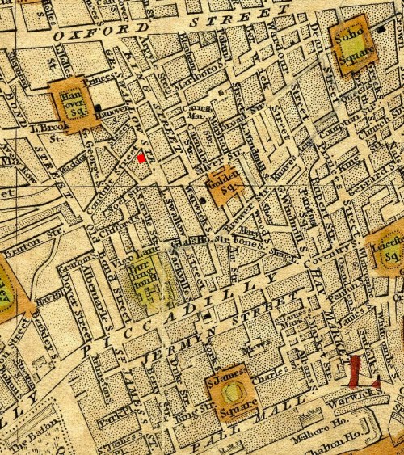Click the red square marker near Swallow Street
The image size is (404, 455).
coord(141,158)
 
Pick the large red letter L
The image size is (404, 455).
coord(356,373)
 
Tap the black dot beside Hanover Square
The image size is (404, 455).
coord(98,107)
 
